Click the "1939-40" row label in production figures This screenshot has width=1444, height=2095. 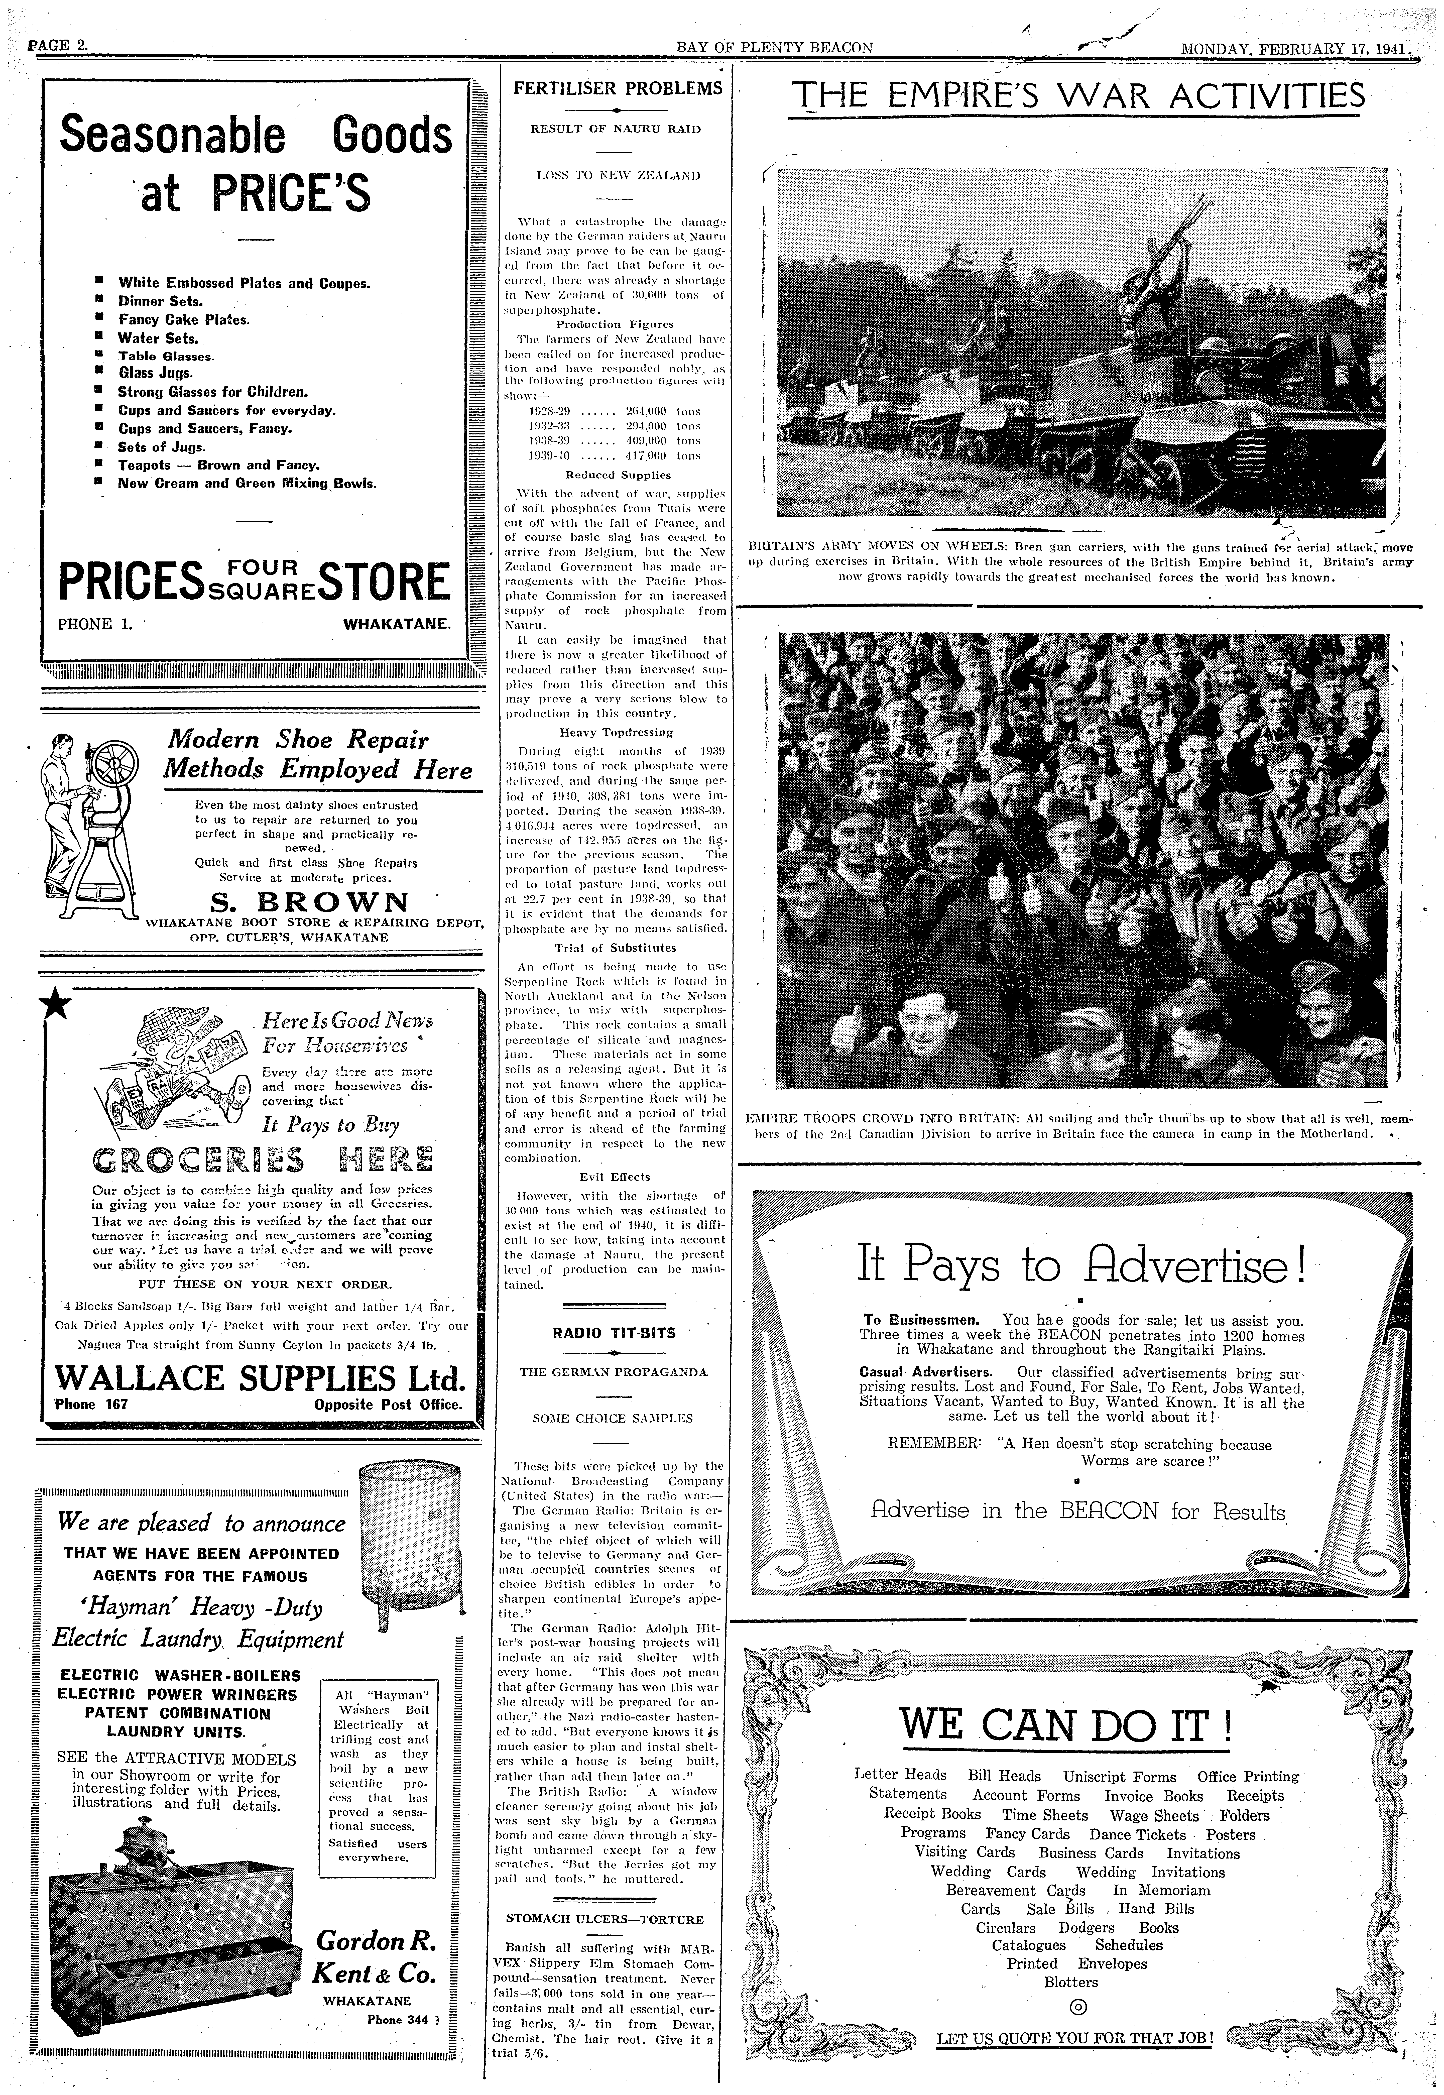coord(548,456)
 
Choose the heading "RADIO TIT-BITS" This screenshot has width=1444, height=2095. coord(614,1332)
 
